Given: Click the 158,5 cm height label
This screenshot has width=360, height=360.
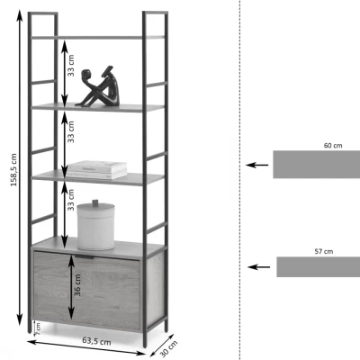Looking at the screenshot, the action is [x=13, y=170].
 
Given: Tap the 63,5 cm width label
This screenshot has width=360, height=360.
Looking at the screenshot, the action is [x=96, y=341].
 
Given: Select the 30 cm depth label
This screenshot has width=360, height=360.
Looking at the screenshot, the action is [x=168, y=348].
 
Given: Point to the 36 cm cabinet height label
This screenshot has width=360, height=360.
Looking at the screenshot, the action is [x=77, y=285].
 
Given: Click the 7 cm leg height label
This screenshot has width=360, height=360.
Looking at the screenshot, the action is [x=38, y=329].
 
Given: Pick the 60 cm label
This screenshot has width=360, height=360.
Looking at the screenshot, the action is [x=333, y=146].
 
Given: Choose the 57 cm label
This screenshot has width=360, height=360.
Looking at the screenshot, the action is [x=324, y=251].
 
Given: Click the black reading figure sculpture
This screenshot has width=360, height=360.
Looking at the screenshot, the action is [x=98, y=86].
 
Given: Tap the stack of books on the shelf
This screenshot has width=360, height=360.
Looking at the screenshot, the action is [x=96, y=170].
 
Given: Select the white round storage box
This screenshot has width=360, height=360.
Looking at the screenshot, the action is [x=95, y=225].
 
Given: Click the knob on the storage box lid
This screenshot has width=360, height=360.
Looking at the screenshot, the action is [x=95, y=202].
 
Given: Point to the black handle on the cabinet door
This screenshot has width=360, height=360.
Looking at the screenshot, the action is [x=85, y=256].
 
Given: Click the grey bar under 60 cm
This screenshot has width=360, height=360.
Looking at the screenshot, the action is [x=317, y=165].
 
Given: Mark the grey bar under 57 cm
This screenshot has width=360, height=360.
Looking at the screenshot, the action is [x=319, y=266].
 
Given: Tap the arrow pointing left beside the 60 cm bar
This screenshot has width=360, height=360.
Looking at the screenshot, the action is [x=257, y=165].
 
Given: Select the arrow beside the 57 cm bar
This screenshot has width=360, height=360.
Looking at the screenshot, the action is [x=259, y=266].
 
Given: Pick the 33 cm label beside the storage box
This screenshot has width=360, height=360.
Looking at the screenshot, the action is [x=71, y=200].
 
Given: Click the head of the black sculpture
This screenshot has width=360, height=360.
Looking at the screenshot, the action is [x=85, y=74].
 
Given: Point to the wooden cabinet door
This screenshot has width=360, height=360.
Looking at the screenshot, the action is [x=86, y=291].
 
